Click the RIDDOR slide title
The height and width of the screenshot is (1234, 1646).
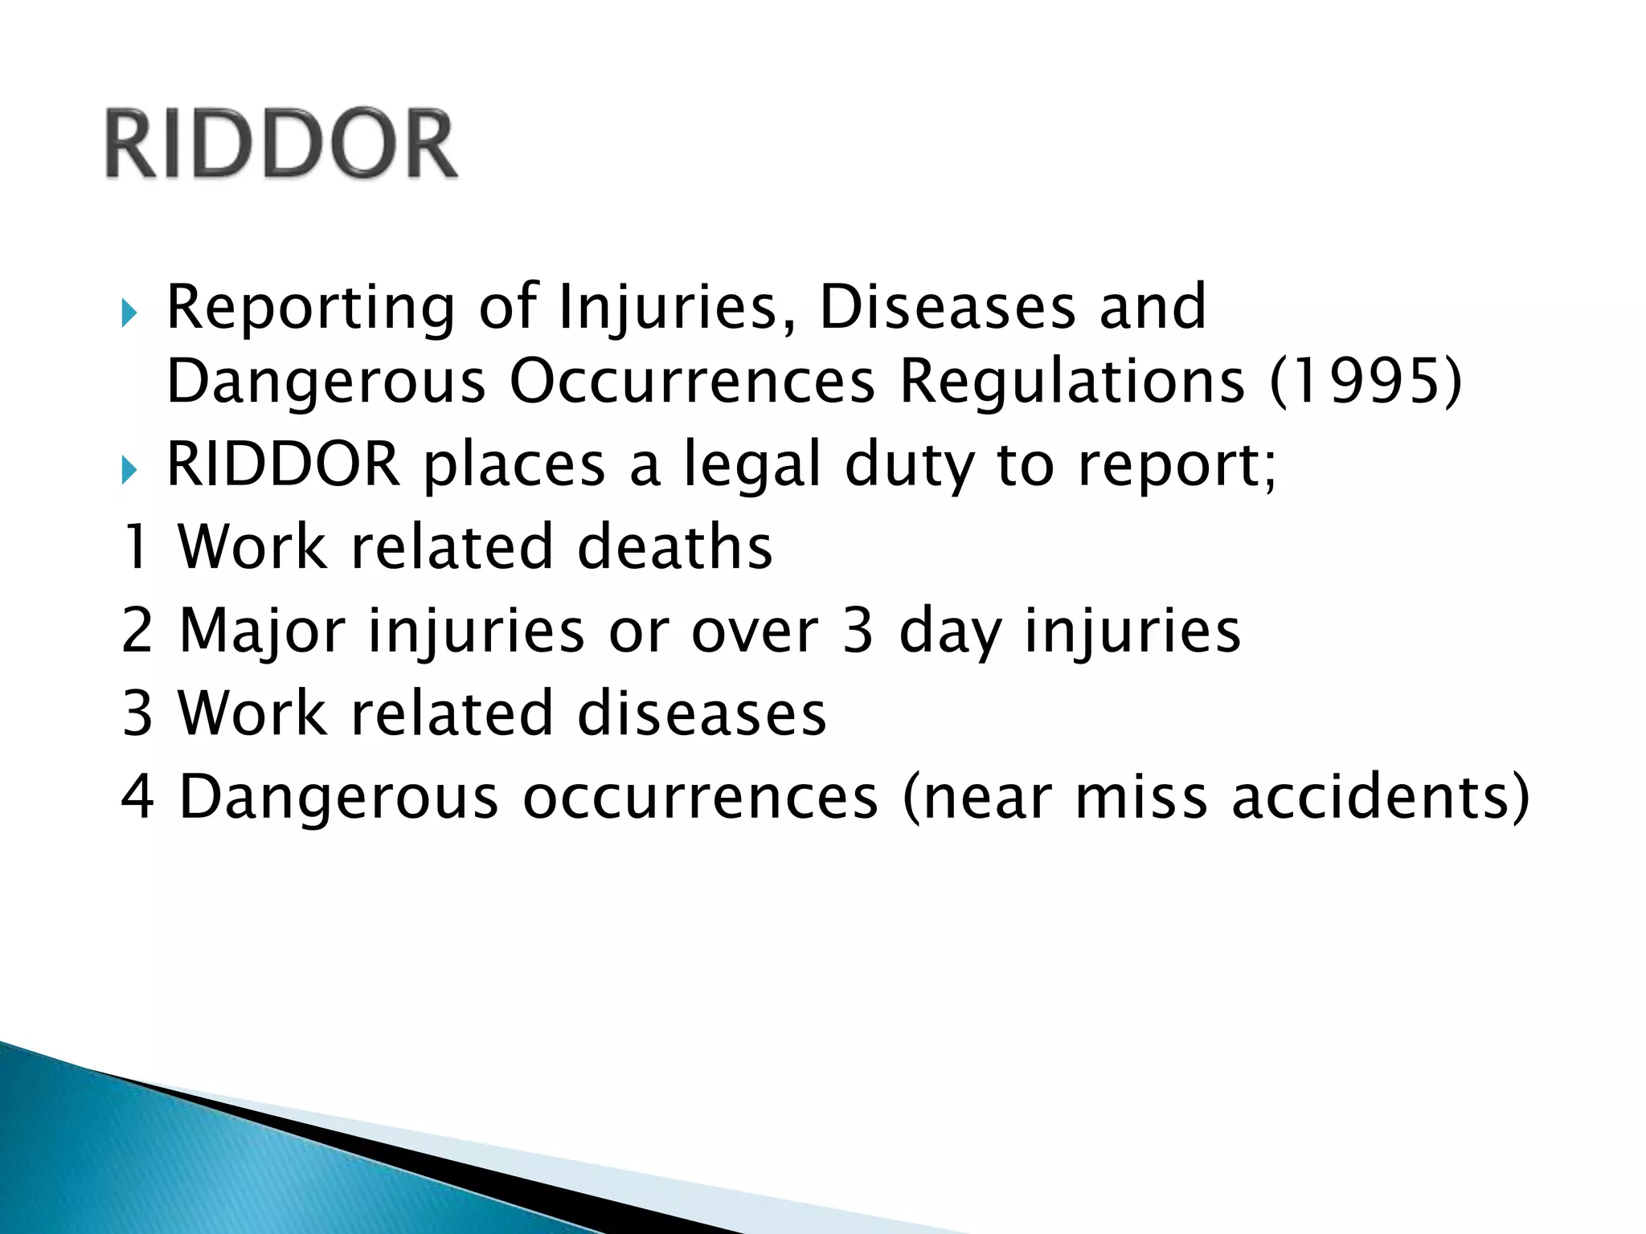point(281,145)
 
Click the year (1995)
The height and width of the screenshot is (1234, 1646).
point(1366,382)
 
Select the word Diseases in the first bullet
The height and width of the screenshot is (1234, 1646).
point(947,308)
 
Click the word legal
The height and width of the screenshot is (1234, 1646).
point(752,466)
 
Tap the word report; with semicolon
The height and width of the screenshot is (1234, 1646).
point(1177,466)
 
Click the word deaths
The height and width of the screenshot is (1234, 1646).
point(675,547)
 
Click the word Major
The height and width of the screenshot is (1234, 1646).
point(262,631)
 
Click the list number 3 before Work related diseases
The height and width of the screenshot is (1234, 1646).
point(137,713)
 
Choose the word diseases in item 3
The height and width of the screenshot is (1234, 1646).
point(702,713)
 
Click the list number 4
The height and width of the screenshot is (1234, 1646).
point(137,797)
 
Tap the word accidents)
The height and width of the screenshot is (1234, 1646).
point(1381,797)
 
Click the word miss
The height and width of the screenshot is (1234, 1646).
point(1141,797)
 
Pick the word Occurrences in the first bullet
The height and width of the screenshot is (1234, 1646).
point(691,382)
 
